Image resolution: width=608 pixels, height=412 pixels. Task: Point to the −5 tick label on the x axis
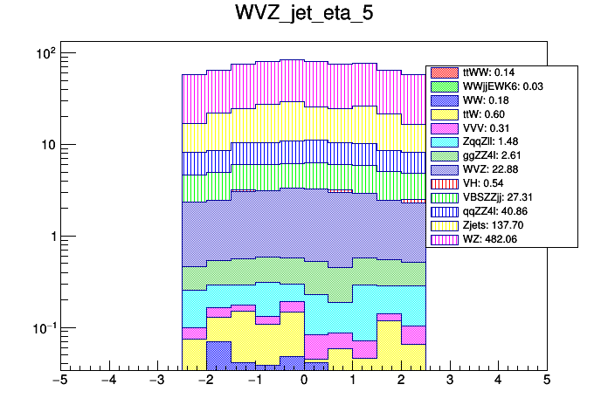(59, 381)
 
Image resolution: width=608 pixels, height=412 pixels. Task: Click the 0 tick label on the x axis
(303, 381)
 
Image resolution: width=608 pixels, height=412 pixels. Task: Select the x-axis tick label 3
(449, 381)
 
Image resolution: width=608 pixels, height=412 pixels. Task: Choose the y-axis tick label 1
(51, 237)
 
